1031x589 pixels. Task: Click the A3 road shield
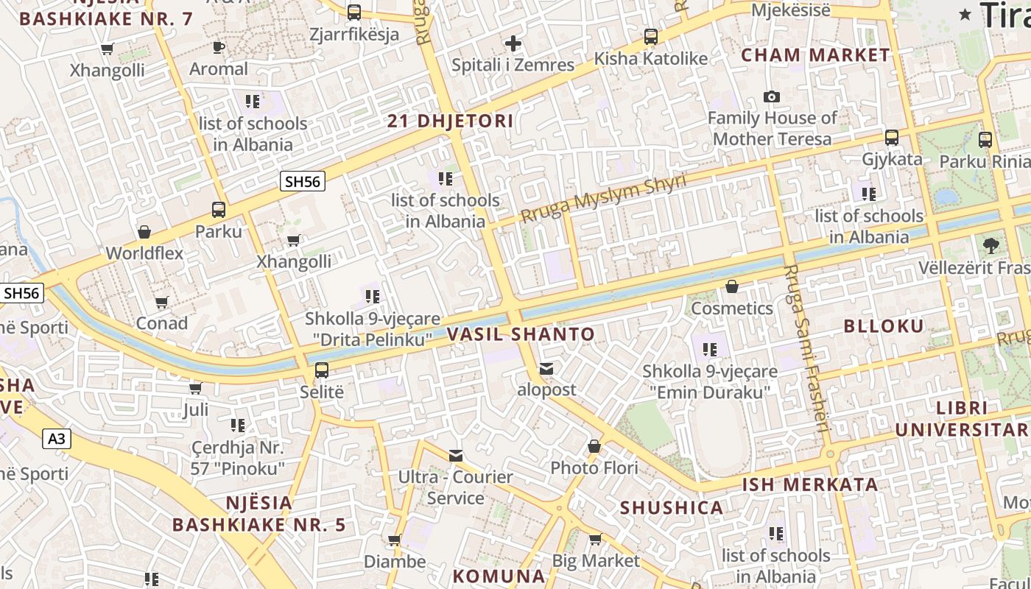pyautogui.click(x=57, y=440)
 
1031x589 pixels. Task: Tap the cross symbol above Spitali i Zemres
pyautogui.click(x=513, y=43)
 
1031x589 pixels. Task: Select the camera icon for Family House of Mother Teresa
pyautogui.click(x=771, y=96)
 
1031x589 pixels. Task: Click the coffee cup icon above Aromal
pyautogui.click(x=219, y=48)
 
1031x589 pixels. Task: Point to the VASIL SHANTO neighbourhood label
pyautogui.click(x=521, y=334)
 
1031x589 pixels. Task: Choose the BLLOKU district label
pyautogui.click(x=883, y=326)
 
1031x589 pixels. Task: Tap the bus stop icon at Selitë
pyautogui.click(x=322, y=370)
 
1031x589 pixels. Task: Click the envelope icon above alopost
pyautogui.click(x=546, y=368)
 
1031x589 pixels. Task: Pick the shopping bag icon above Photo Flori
pyautogui.click(x=594, y=446)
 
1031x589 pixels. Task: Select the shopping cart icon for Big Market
pyautogui.click(x=596, y=540)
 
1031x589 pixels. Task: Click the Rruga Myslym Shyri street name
pyautogui.click(x=603, y=197)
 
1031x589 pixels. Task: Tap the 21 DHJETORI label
pyautogui.click(x=451, y=121)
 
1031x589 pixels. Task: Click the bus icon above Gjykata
pyautogui.click(x=891, y=138)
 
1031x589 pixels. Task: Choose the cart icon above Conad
pyautogui.click(x=162, y=302)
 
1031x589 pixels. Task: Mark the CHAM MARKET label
pyautogui.click(x=815, y=55)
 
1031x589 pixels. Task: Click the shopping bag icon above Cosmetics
pyautogui.click(x=731, y=286)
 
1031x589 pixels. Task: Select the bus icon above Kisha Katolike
pyautogui.click(x=650, y=37)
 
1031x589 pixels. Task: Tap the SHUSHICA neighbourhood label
pyautogui.click(x=671, y=508)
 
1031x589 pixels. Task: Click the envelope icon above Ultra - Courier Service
pyautogui.click(x=456, y=456)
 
